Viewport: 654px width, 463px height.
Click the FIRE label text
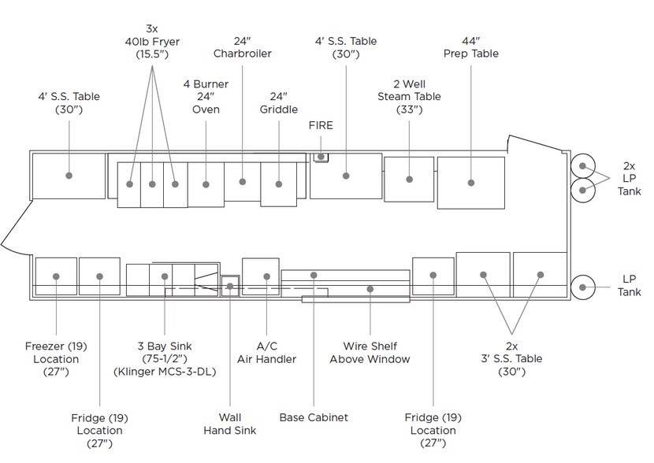click(321, 125)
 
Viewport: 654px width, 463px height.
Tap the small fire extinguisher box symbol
click(321, 157)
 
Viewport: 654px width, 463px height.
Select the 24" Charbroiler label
click(242, 46)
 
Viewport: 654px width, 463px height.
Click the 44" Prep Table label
click(471, 46)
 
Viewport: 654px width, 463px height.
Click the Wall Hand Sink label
click(229, 424)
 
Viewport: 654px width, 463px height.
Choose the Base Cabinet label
click(314, 417)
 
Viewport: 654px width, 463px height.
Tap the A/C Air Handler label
click(267, 353)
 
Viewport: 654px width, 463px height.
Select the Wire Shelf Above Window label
click(370, 353)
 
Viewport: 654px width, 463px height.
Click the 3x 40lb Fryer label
click(152, 41)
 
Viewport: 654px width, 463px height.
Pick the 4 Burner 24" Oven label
click(206, 96)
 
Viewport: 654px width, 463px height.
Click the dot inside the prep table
click(470, 183)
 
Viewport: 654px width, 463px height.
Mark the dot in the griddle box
click(278, 183)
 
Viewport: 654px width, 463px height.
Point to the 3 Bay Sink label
click(164, 359)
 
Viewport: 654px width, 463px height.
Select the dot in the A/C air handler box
click(266, 276)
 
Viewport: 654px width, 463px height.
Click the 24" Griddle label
click(278, 103)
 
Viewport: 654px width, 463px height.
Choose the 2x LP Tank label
click(629, 179)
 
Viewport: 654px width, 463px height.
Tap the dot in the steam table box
click(410, 178)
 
